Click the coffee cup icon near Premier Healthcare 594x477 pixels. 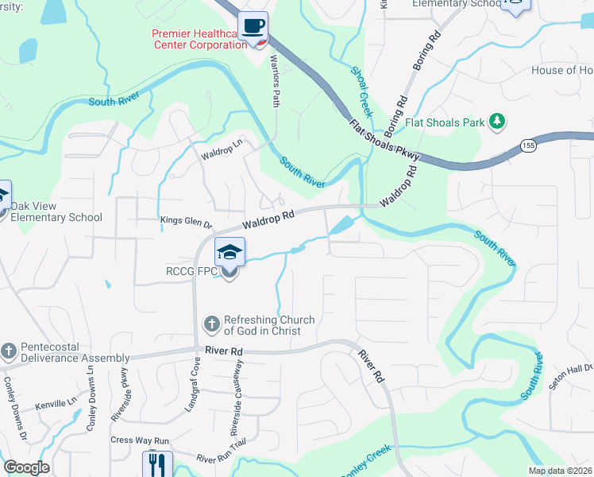click(253, 26)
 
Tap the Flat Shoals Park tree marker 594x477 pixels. click(498, 122)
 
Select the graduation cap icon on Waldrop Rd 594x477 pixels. click(229, 253)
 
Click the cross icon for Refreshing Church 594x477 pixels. click(212, 324)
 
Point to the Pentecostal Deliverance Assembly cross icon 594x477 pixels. click(9, 351)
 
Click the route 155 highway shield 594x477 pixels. click(528, 145)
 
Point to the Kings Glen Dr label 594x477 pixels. click(187, 225)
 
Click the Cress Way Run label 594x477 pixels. click(140, 440)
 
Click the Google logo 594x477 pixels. click(27, 467)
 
